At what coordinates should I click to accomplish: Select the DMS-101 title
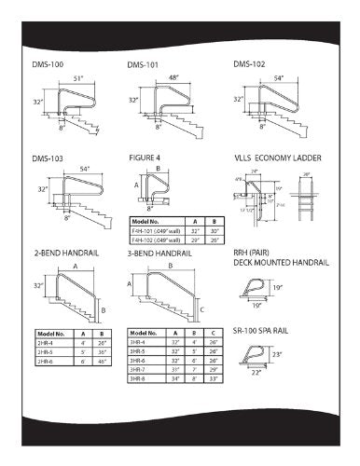(143, 64)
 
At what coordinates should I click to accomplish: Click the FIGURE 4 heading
(146, 158)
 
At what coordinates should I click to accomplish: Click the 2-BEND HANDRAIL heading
(60, 252)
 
